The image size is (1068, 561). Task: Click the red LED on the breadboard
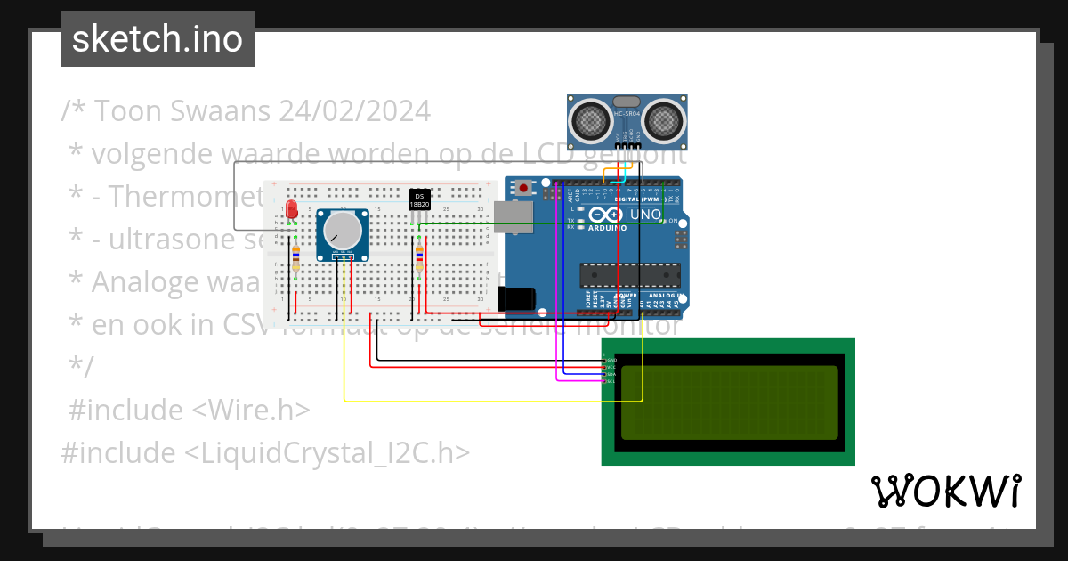click(x=293, y=210)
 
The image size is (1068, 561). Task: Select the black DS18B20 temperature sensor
click(x=419, y=199)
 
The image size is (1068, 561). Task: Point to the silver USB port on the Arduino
click(x=515, y=216)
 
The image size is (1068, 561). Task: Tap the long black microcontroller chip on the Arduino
click(x=630, y=275)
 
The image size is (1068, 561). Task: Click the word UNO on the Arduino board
click(x=645, y=215)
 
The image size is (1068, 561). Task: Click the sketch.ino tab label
click(x=158, y=39)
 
